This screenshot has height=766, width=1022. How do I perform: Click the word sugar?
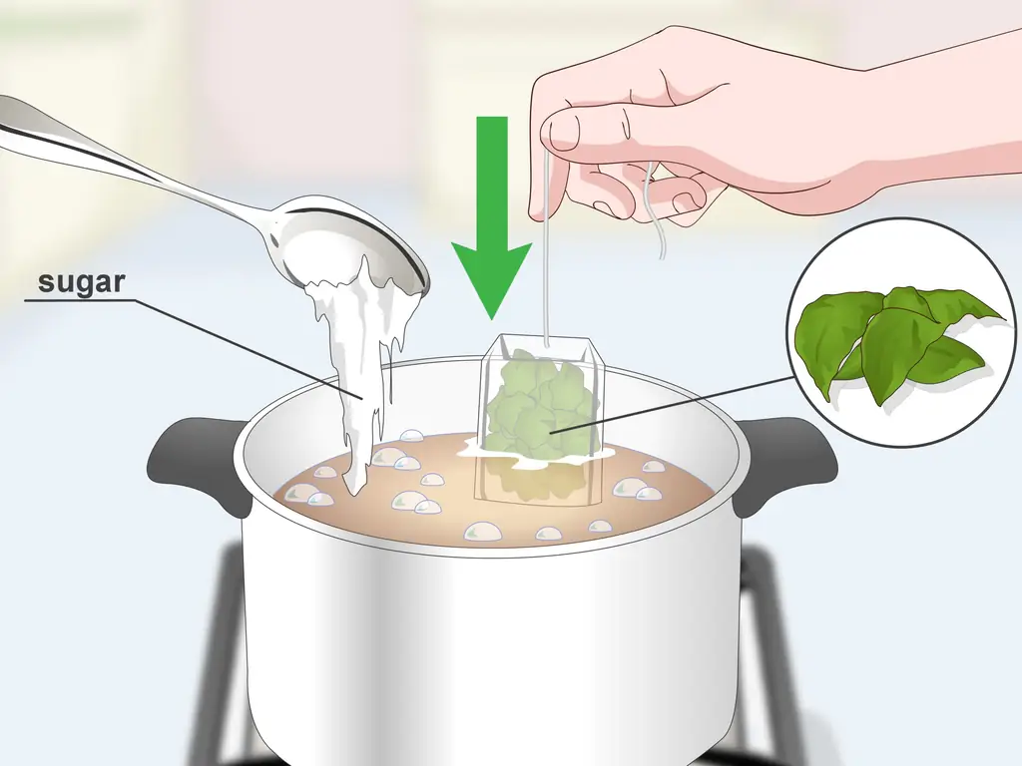click(x=82, y=283)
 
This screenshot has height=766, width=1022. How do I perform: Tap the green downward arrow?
click(x=492, y=217)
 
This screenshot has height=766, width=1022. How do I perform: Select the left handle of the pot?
click(x=194, y=465)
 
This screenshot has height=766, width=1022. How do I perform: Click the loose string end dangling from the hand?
click(x=654, y=215)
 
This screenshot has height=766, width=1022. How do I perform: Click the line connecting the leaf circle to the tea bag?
click(x=674, y=404)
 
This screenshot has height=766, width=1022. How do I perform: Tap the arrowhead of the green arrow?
click(x=492, y=281)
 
